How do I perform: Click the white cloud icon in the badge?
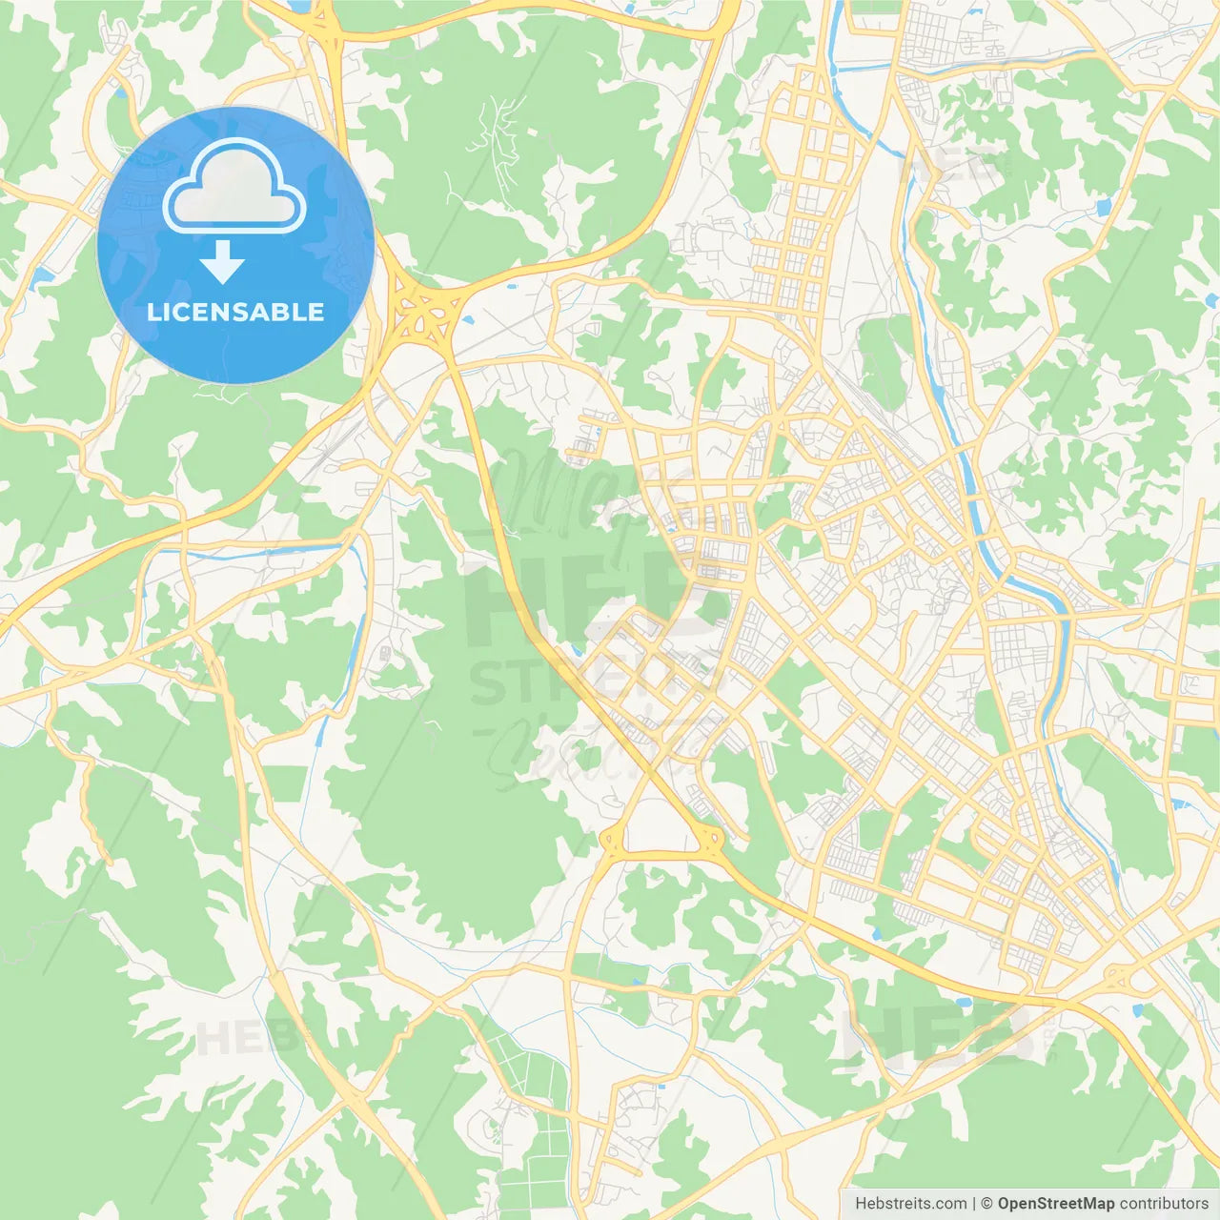[234, 188]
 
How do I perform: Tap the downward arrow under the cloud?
[223, 262]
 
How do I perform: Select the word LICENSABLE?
[235, 312]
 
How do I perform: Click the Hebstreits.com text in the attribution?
[910, 1204]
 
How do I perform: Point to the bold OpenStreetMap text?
[1055, 1204]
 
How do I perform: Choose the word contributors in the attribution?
[1164, 1204]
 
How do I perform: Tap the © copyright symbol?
[986, 1204]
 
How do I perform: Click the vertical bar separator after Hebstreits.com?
[974, 1204]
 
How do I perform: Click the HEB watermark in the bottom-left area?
[234, 1037]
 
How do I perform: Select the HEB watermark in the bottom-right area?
[939, 1034]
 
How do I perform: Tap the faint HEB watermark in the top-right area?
[953, 168]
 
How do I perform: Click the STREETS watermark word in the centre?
[596, 681]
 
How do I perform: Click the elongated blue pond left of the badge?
[42, 277]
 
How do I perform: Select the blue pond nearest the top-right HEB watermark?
[1104, 207]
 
